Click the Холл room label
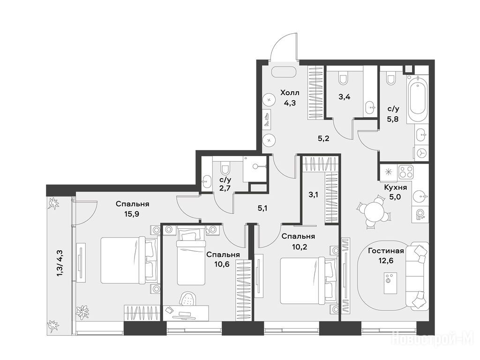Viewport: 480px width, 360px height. (x=290, y=92)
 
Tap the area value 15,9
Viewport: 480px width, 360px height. (x=132, y=214)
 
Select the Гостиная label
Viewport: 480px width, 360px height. (x=386, y=251)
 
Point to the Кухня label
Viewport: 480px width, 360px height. (x=396, y=187)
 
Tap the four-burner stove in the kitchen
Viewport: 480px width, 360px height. (x=406, y=172)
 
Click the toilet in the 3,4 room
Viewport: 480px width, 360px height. (x=343, y=78)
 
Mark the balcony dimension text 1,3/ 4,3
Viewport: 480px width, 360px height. (x=60, y=263)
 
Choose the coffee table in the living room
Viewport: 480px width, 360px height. (x=390, y=283)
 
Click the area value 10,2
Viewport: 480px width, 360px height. (x=298, y=247)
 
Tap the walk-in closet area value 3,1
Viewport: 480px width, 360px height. (x=313, y=195)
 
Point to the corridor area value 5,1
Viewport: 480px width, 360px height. (x=262, y=209)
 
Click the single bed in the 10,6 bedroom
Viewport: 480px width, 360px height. (x=190, y=257)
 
